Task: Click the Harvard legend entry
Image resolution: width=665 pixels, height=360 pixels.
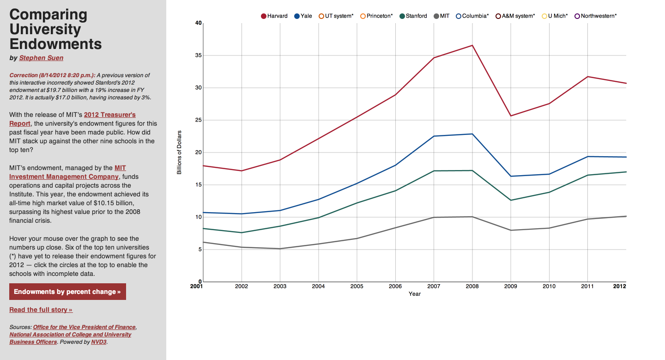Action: [x=274, y=16]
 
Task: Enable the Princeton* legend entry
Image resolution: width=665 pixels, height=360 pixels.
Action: [x=376, y=16]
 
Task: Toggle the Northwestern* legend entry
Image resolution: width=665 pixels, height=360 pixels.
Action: [x=595, y=16]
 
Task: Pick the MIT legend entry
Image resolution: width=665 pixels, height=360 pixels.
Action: [x=441, y=16]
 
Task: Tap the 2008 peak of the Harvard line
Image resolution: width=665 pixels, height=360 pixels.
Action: [x=472, y=45]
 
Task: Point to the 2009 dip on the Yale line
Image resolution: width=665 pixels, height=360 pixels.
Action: [x=510, y=176]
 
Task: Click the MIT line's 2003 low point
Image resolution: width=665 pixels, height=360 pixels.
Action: [x=280, y=249]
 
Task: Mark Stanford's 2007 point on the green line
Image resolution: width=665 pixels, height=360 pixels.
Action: [x=434, y=171]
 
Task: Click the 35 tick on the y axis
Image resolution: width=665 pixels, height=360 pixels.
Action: [x=199, y=55]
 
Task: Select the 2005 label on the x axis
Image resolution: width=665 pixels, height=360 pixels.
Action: [x=357, y=286]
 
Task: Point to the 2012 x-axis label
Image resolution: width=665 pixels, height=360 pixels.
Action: [x=619, y=286]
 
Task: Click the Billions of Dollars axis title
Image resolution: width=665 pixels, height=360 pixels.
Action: [x=179, y=153]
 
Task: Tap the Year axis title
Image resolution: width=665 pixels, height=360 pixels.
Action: [x=414, y=294]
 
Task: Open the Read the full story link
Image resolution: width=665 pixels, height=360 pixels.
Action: [x=41, y=310]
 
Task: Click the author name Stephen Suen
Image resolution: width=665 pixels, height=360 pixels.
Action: [x=41, y=58]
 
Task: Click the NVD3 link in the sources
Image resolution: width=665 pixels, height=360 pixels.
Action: [x=99, y=342]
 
